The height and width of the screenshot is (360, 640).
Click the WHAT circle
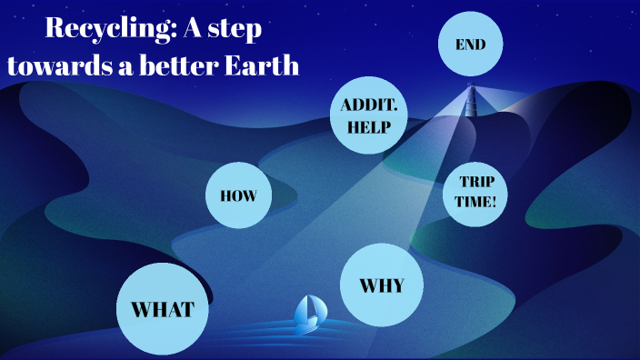tap(163, 309)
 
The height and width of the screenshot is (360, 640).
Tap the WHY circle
tap(381, 285)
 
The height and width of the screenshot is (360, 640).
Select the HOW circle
tap(239, 195)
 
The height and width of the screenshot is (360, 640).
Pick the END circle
tap(470, 44)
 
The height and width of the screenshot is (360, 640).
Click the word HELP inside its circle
tap(367, 127)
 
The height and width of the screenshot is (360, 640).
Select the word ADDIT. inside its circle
tap(367, 106)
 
